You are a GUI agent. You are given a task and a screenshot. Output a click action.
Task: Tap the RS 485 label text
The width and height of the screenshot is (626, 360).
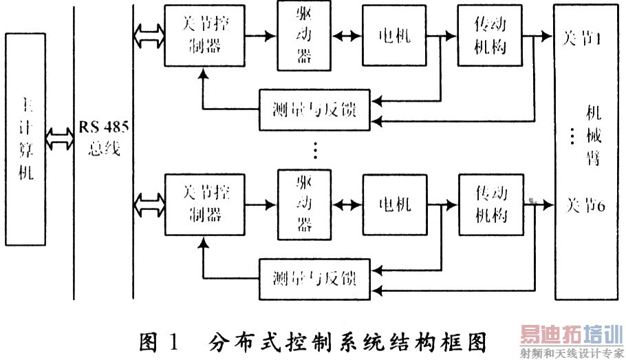102,128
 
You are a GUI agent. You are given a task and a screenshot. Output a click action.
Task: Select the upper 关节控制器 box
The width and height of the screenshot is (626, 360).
204,35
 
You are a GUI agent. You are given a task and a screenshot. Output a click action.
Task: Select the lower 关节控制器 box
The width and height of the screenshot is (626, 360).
204,206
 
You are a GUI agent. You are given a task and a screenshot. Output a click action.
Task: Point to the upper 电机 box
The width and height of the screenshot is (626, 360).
394,35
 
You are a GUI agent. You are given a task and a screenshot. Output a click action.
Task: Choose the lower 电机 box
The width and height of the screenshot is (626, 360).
394,204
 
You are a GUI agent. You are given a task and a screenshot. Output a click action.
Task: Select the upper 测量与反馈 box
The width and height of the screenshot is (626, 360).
314,110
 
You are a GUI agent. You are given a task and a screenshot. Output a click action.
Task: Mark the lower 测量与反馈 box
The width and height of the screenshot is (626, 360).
314,279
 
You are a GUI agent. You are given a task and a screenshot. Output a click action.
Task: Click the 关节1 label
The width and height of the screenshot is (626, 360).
582,39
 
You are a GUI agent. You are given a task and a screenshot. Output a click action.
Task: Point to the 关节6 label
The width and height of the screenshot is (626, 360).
584,204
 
